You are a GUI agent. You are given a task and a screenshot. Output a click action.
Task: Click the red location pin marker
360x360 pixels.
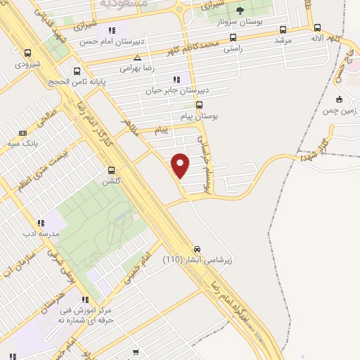[181, 165]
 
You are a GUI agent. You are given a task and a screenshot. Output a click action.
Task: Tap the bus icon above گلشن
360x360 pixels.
[111, 170]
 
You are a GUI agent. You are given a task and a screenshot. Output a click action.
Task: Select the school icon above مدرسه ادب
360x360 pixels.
[41, 223]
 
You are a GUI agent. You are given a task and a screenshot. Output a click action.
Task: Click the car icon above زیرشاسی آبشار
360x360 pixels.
[197, 249]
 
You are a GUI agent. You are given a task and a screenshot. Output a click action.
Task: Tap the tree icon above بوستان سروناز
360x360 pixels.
[240, 10]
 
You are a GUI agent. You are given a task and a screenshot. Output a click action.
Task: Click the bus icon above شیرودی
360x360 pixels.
[27, 53]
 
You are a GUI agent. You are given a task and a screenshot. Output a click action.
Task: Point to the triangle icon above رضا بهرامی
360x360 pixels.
[137, 58]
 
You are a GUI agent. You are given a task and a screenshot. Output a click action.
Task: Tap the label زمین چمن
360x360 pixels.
[339, 110]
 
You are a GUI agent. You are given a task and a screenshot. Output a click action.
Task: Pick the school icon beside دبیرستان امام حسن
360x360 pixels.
[111, 30]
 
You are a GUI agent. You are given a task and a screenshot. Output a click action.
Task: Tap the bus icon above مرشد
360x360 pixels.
[283, 30]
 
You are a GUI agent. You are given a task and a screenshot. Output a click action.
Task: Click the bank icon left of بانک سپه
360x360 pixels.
[22, 132]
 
